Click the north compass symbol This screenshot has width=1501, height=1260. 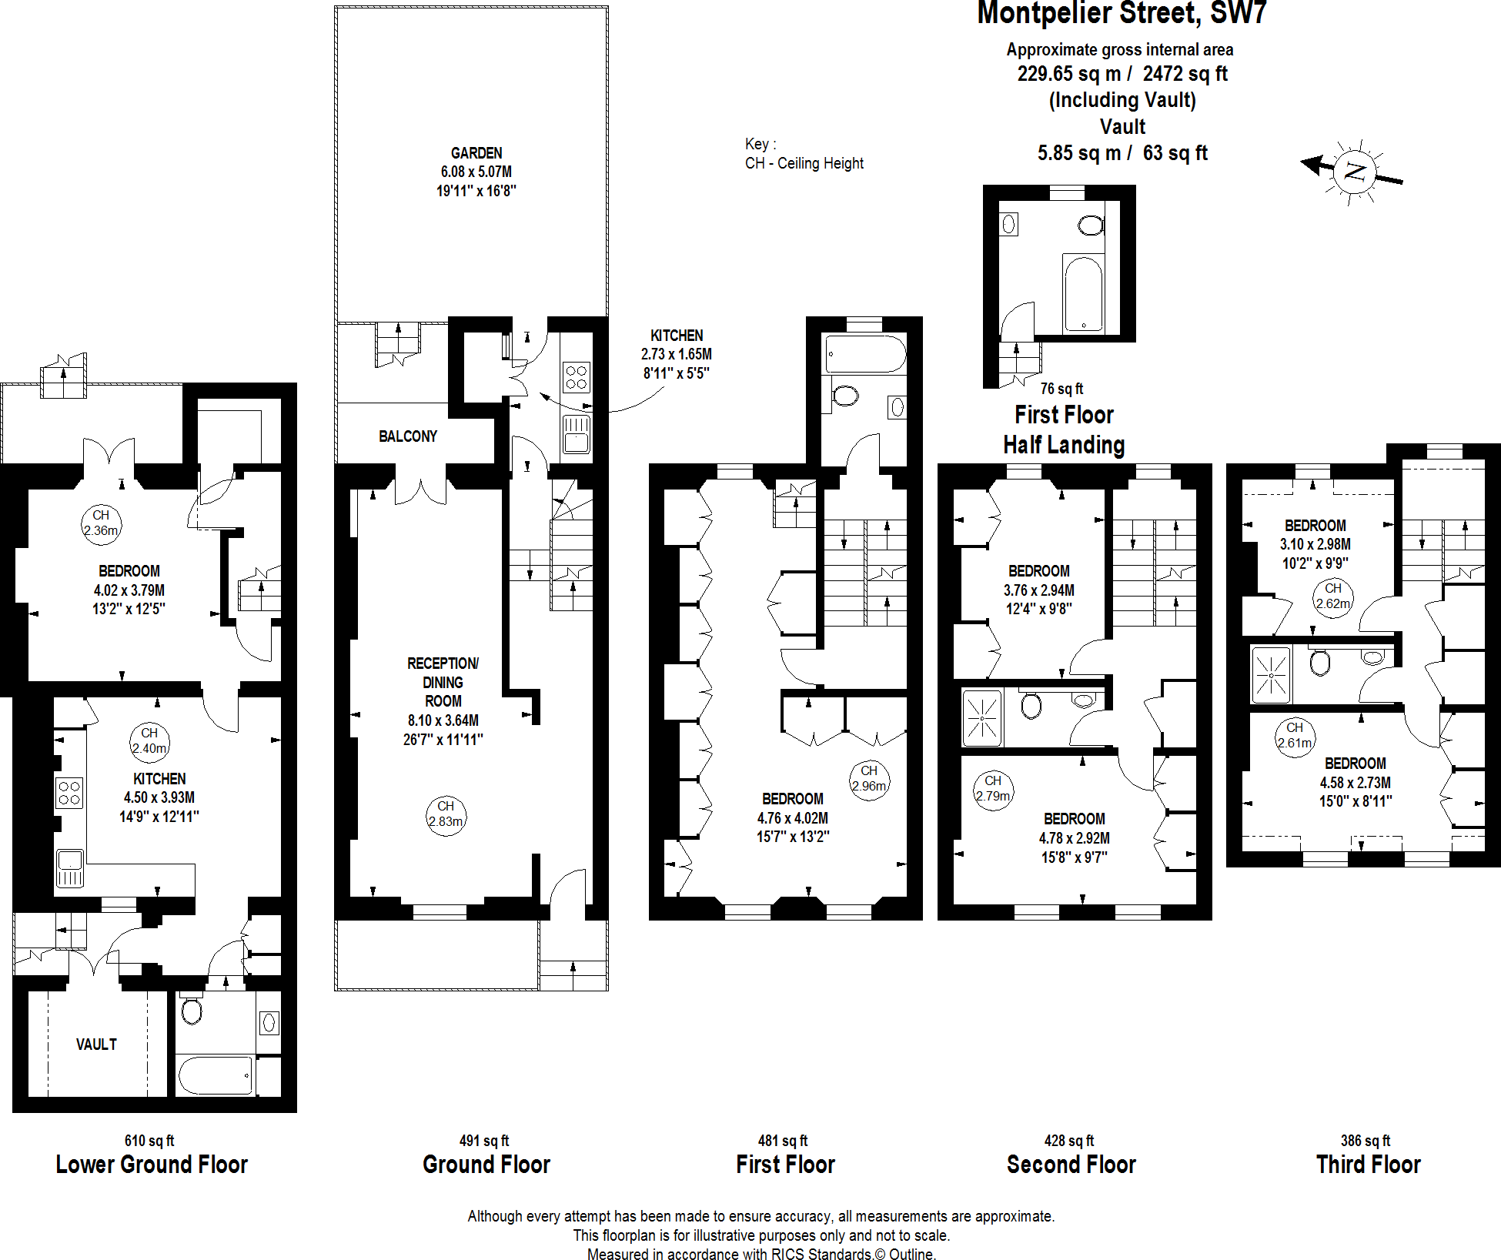tap(1354, 172)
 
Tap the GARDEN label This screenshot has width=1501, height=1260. tap(476, 153)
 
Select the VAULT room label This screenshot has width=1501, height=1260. tap(96, 1044)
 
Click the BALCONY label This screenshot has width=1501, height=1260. tap(407, 436)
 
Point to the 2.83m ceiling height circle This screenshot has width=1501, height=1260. tap(446, 815)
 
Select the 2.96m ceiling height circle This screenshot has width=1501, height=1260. tap(869, 779)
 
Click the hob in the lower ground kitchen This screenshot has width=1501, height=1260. tap(69, 793)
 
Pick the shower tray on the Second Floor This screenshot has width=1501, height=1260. tap(982, 719)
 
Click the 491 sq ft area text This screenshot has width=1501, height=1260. tap(483, 1141)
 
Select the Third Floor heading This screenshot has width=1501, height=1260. tap(1368, 1165)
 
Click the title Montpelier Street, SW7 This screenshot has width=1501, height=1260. tap(1121, 13)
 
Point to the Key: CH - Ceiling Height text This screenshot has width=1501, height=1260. tap(804, 154)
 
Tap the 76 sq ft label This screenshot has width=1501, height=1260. tap(1061, 389)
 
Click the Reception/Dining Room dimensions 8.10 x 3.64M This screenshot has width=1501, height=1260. tap(443, 720)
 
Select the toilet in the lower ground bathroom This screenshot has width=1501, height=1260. tap(192, 1011)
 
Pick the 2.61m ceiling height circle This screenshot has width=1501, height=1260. tap(1295, 737)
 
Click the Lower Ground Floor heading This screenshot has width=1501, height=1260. tap(152, 1165)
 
